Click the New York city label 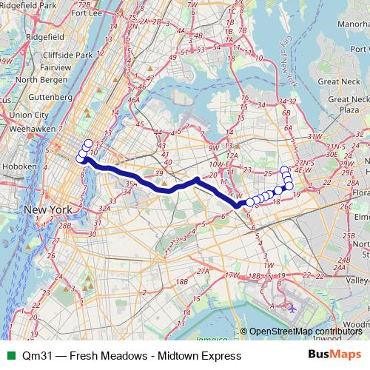tap(48, 210)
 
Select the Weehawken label tap(26, 128)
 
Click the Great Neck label tap(337, 81)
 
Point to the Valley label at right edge tap(360, 281)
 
